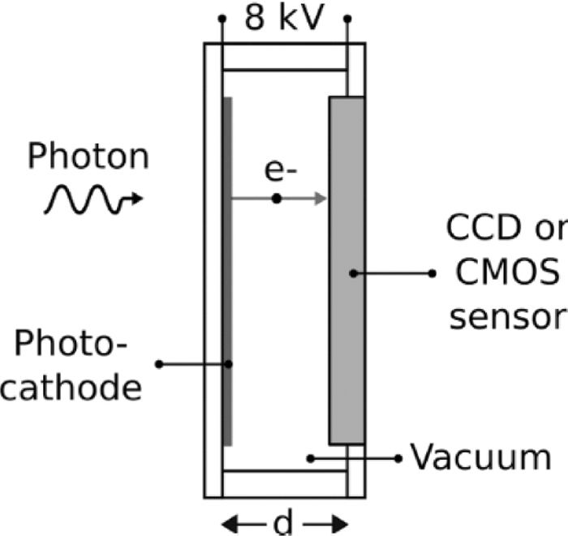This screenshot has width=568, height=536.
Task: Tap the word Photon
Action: (88, 157)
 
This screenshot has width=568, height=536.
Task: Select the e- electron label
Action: (277, 170)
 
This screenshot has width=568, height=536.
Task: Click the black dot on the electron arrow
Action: (277, 199)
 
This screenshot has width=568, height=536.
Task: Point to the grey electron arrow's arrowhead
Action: (321, 199)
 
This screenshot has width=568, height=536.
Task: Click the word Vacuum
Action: (480, 458)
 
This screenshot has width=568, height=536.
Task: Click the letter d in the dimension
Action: (282, 522)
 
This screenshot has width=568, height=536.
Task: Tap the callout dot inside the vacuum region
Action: (311, 458)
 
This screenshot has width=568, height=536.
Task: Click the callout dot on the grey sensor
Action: (353, 273)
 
